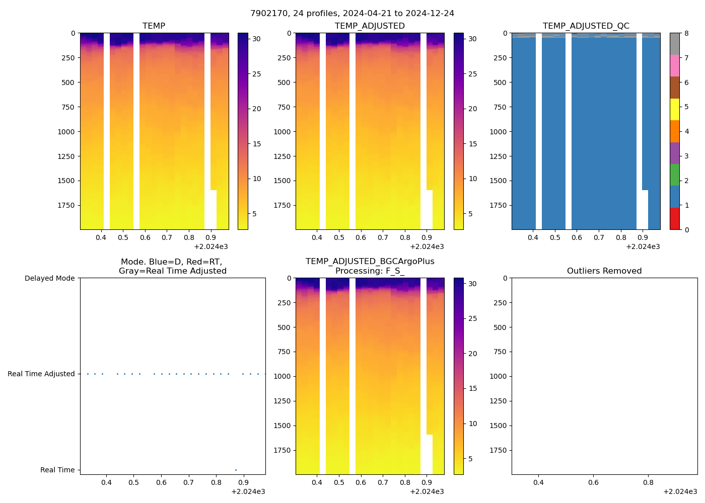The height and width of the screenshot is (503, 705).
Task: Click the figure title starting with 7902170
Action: coord(352,14)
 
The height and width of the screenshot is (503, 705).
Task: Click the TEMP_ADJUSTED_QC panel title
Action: coord(586,26)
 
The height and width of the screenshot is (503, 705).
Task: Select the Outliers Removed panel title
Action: coord(604,271)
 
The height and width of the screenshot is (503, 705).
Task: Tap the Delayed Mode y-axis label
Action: coord(49,278)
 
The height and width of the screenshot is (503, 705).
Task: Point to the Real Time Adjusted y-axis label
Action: coord(41,374)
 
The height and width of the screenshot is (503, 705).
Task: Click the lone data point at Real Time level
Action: coord(236,470)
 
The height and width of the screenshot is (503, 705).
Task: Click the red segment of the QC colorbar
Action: coord(675,219)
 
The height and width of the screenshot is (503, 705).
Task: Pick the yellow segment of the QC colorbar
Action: coord(675,109)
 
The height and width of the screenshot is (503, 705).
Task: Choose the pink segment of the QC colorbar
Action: coord(675,66)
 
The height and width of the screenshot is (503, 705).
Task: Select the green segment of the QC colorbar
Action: coord(675,175)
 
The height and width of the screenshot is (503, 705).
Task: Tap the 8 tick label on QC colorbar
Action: coord(686,34)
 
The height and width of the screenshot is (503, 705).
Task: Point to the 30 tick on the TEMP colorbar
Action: coord(257,39)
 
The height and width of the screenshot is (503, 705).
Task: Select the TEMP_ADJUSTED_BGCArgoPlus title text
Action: coord(370,262)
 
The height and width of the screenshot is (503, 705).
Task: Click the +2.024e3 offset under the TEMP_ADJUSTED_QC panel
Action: coord(643,247)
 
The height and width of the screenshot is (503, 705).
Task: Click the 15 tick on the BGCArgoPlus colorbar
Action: coord(472,388)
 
